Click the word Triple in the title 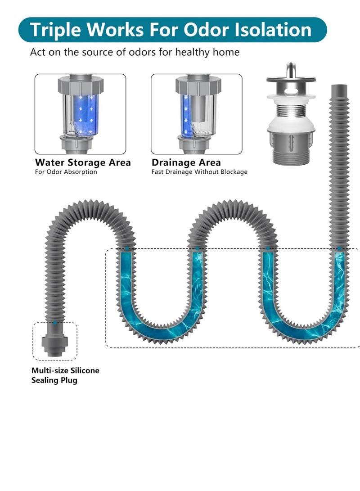tap(55, 30)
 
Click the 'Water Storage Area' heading tap(83, 162)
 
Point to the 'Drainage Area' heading tap(186, 162)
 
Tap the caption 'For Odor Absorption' tap(66, 172)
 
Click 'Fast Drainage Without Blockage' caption tap(199, 172)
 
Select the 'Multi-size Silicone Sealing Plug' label tap(65, 375)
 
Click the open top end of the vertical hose tap(338, 86)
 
